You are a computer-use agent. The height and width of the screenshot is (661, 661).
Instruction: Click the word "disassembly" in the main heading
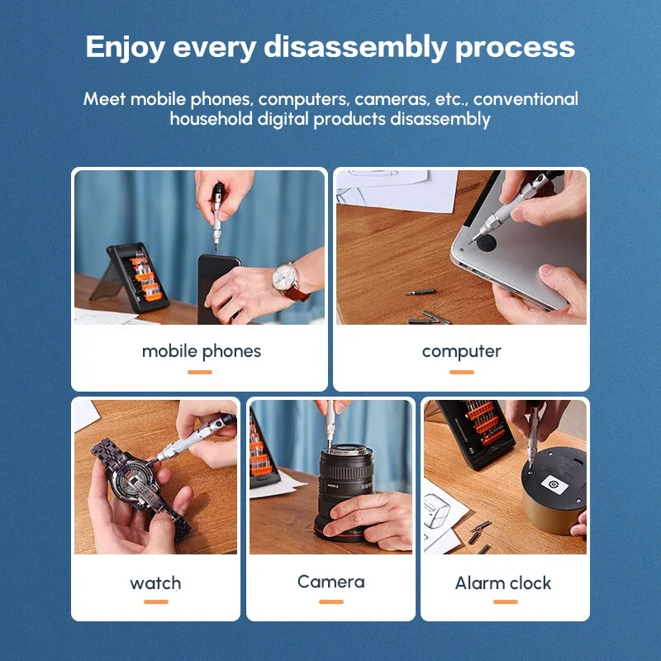pyautogui.click(x=355, y=46)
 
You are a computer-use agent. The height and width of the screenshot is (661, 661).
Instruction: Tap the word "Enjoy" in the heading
pyautogui.click(x=125, y=48)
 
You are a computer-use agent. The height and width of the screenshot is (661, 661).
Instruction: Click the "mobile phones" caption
pyautogui.click(x=202, y=352)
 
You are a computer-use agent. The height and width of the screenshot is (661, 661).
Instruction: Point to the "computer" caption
pyautogui.click(x=462, y=352)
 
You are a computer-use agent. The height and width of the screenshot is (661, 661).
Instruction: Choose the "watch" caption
pyautogui.click(x=155, y=583)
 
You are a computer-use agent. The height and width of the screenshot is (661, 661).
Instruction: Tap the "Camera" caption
pyautogui.click(x=331, y=582)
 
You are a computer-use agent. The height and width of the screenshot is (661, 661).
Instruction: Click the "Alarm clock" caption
pyautogui.click(x=503, y=583)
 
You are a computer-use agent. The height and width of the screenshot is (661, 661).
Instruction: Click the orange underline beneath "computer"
pyautogui.click(x=462, y=373)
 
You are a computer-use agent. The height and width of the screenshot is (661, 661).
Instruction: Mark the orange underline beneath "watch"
pyautogui.click(x=156, y=602)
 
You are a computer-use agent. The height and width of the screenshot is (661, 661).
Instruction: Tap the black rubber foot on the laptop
pyautogui.click(x=486, y=243)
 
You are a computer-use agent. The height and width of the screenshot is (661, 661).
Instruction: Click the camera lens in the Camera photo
pyautogui.click(x=345, y=491)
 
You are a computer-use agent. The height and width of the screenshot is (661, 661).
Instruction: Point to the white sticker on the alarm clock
pyautogui.click(x=554, y=484)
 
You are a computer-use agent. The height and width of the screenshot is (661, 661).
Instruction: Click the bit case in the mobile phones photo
pyautogui.click(x=138, y=278)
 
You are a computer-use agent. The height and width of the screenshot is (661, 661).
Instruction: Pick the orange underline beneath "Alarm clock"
pyautogui.click(x=506, y=602)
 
